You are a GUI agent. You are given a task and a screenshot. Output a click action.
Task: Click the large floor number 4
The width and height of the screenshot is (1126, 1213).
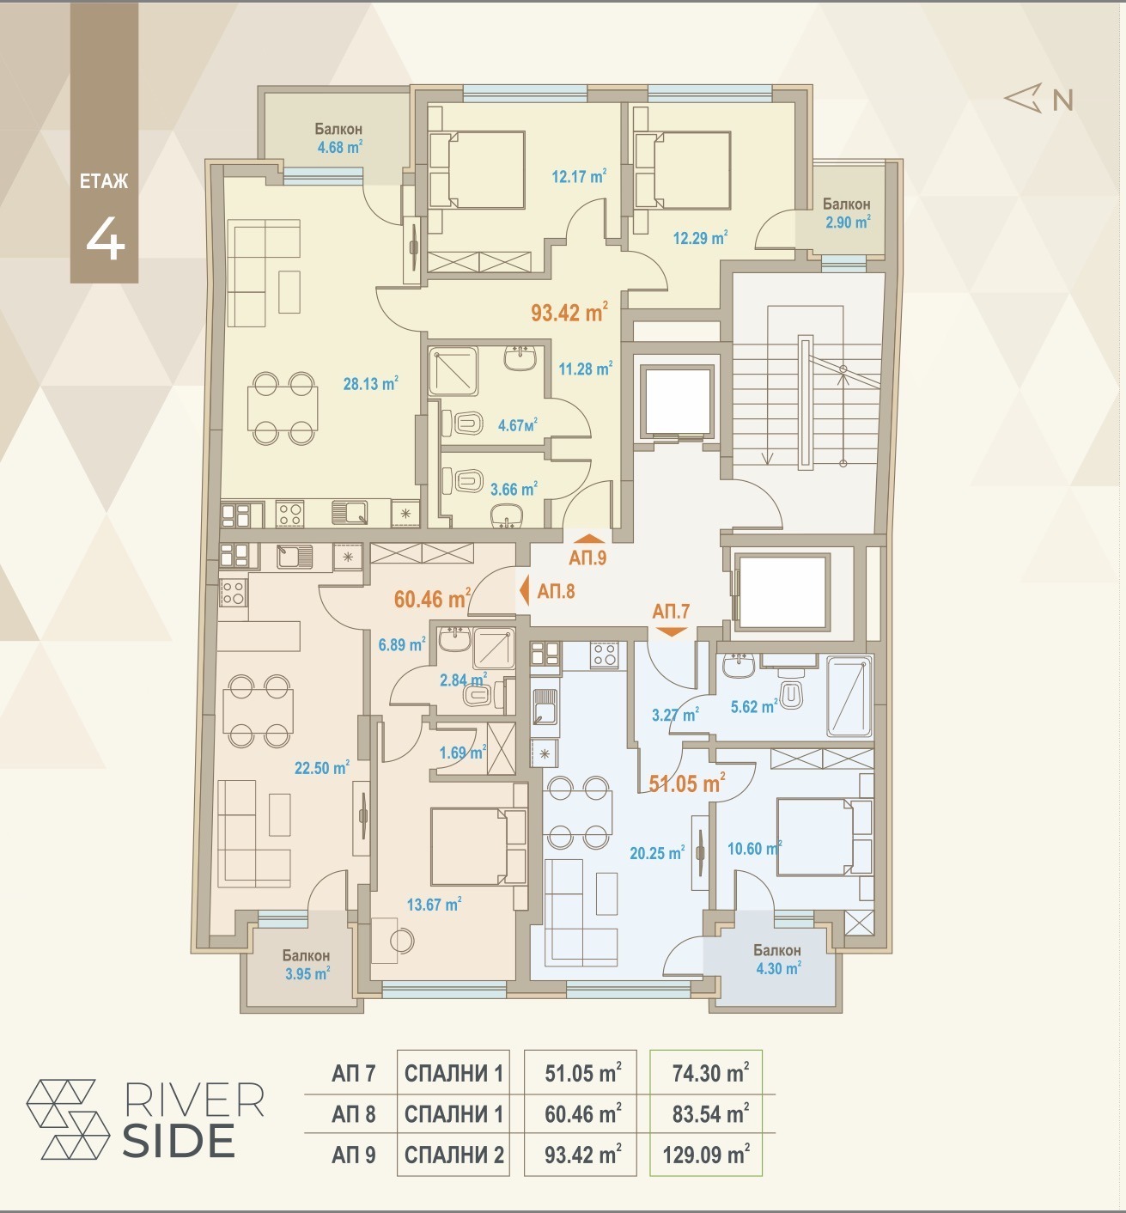pos(106,239)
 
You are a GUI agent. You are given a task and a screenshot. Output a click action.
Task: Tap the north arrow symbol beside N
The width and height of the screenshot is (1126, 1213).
pos(1023,98)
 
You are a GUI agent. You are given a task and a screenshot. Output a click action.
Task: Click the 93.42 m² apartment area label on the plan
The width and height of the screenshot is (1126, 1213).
pos(569,312)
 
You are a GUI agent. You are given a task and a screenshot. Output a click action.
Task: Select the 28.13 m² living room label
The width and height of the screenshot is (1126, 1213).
pos(371,383)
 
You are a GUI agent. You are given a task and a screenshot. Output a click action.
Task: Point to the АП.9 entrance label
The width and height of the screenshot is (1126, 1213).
pos(587,558)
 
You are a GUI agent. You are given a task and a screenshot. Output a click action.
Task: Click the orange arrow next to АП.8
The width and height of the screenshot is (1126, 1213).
pos(524,591)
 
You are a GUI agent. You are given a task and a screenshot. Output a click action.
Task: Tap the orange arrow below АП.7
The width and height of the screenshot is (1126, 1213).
pos(671,632)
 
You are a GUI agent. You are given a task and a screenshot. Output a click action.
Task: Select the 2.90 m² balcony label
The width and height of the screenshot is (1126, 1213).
pos(848,222)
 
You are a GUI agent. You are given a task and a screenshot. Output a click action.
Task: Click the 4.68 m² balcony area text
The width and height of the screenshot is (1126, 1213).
pos(340,147)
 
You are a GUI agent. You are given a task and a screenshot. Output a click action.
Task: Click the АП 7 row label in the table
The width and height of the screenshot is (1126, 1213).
pos(353,1073)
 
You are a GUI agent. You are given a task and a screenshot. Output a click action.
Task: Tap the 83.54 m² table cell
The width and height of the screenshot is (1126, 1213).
pos(710,1114)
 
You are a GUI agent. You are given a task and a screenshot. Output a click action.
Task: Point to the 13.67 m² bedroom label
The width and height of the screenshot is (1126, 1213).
pos(435,904)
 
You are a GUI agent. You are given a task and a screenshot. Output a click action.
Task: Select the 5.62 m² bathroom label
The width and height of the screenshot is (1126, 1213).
pos(755,707)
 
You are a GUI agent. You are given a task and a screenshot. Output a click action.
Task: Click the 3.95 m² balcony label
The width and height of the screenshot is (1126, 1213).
pos(307,973)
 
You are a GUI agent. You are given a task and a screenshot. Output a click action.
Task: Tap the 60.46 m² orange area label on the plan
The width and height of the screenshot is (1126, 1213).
pos(433,599)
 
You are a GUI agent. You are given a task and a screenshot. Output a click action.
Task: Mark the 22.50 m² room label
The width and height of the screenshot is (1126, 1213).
pos(322,767)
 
